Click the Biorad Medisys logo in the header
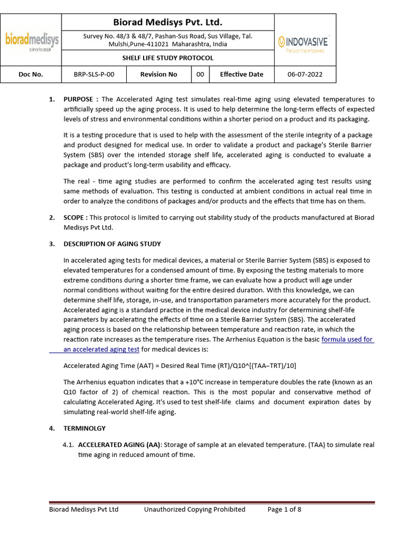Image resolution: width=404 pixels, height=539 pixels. point(32,41)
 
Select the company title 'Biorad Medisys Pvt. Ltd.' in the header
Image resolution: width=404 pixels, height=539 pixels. point(168,22)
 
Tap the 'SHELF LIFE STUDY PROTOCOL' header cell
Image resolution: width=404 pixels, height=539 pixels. point(168,58)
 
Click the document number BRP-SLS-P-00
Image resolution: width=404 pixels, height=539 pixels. point(94,74)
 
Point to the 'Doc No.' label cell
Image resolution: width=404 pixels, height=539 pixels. point(31,74)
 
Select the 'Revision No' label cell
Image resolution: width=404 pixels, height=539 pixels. point(158,74)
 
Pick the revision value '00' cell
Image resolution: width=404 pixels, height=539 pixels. point(200,74)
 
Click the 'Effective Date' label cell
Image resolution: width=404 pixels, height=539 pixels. point(241,74)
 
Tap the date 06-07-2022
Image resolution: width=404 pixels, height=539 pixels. point(305,74)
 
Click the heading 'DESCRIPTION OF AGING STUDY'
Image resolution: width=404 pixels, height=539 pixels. point(112,244)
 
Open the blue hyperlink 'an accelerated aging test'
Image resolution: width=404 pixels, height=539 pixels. point(102,349)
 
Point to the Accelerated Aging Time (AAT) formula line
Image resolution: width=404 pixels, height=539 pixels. point(183,365)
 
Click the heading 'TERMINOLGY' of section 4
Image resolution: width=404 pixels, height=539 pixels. point(84,428)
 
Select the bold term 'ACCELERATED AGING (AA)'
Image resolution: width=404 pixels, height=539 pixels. point(119,445)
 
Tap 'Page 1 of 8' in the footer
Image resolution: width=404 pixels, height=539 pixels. point(284,509)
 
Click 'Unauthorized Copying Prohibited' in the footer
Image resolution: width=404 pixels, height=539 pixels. point(195,509)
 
